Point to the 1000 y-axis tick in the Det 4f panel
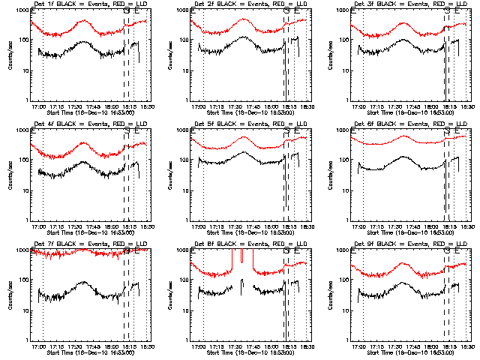(20, 130)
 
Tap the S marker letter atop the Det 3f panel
(447, 11)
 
